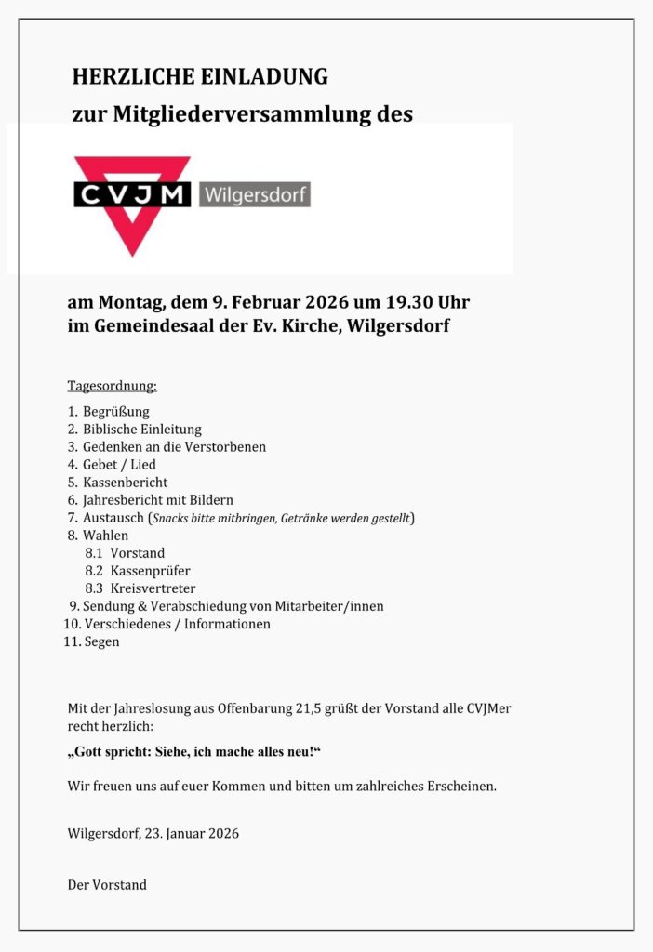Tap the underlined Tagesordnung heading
click(113, 385)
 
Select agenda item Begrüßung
click(116, 411)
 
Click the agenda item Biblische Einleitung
click(141, 429)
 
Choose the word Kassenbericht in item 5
click(126, 482)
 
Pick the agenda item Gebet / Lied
click(119, 464)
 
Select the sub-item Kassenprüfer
click(150, 570)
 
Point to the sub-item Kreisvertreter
click(153, 588)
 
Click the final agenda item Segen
click(101, 641)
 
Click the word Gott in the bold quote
click(95, 751)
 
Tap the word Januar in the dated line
click(189, 833)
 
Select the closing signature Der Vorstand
click(107, 884)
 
